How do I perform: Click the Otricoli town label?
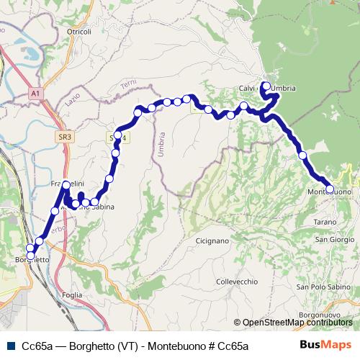click(x=78, y=32)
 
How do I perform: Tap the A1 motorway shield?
click(x=35, y=93)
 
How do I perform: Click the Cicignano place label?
click(x=212, y=240)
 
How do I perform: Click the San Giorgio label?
click(x=333, y=239)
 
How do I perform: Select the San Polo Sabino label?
click(x=321, y=287)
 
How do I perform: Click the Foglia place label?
click(x=73, y=294)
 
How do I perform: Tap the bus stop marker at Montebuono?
click(x=330, y=189)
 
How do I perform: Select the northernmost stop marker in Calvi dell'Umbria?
click(x=266, y=86)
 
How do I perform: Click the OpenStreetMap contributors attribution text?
click(x=297, y=323)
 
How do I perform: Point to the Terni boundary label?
click(x=129, y=86)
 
